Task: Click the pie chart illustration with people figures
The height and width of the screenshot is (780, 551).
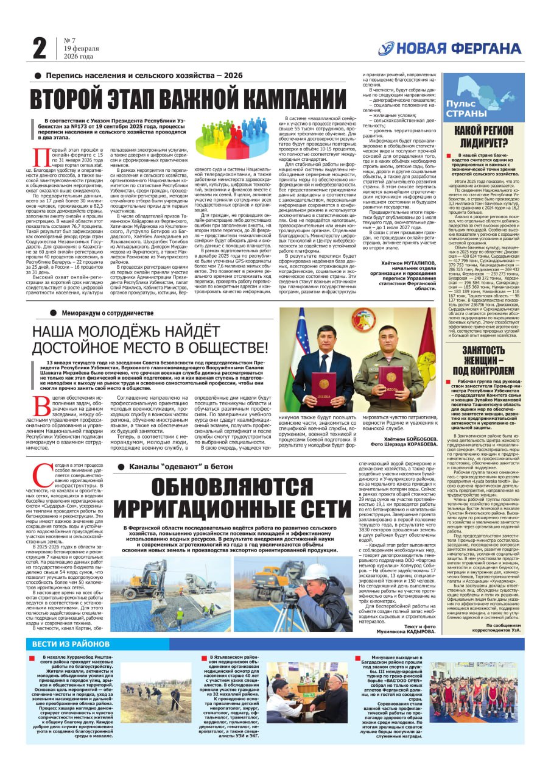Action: pos(231,135)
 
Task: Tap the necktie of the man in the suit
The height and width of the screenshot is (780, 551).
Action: pos(325,353)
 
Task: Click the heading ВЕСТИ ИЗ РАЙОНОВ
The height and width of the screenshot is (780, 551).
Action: pos(72,643)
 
